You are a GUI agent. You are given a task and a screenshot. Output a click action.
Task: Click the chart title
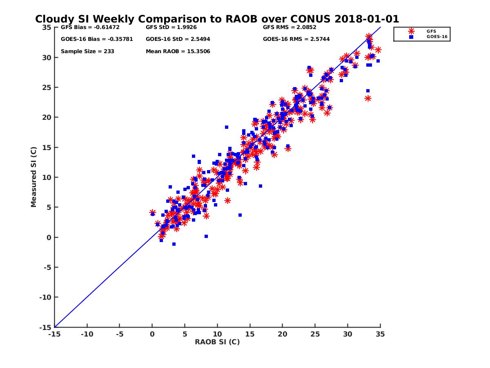pyautogui.click(x=217, y=19)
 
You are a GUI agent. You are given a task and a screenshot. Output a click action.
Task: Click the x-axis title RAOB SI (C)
pyautogui.click(x=217, y=342)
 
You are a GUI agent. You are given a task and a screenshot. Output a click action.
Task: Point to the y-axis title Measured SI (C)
pyautogui.click(x=33, y=177)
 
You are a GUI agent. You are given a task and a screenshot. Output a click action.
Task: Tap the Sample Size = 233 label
pyautogui.click(x=87, y=52)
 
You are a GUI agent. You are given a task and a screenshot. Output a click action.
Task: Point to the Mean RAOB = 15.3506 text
pyautogui.click(x=178, y=52)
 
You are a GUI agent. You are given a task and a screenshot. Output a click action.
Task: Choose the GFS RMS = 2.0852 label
pyautogui.click(x=290, y=28)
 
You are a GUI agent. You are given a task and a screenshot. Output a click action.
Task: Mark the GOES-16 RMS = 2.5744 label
pyautogui.click(x=296, y=40)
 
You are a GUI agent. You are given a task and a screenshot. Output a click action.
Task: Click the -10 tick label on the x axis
pyautogui.click(x=87, y=334)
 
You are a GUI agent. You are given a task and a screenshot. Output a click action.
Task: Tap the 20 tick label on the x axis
pyautogui.click(x=283, y=334)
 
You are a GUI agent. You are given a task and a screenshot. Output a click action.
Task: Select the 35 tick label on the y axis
pyautogui.click(x=47, y=27)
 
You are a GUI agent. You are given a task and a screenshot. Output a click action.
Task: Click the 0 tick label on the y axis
pyautogui.click(x=49, y=238)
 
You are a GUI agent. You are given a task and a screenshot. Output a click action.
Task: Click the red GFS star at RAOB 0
pyautogui.click(x=152, y=213)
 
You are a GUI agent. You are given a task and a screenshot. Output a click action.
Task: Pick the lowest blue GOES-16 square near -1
pyautogui.click(x=174, y=244)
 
